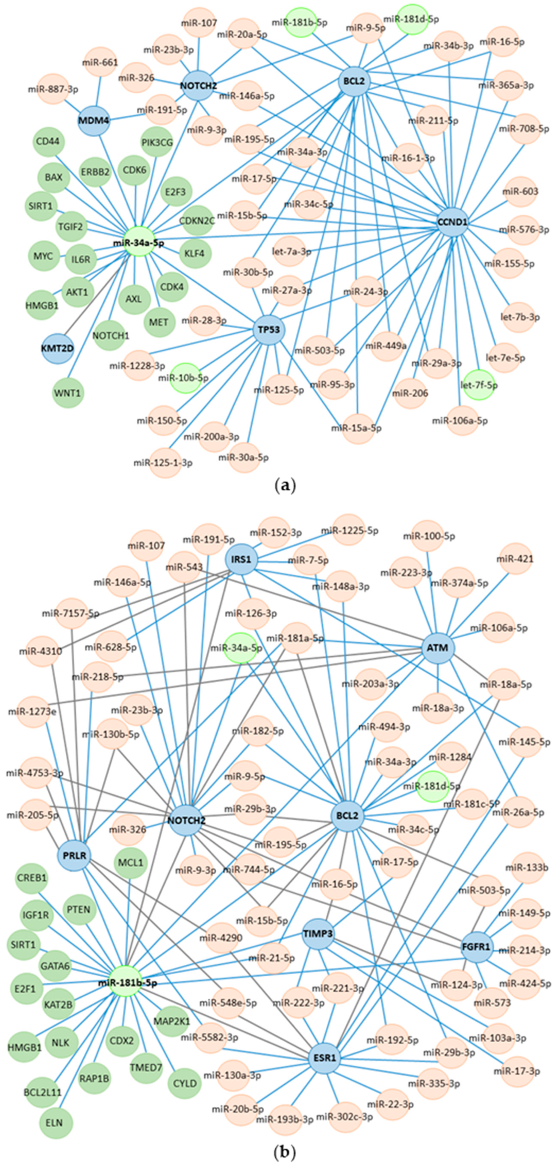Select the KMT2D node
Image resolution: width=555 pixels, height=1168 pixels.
[x=58, y=348]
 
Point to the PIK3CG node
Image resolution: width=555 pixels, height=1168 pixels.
[x=157, y=142]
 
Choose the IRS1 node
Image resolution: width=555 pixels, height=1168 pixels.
[x=241, y=559]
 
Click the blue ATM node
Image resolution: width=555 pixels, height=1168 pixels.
[x=438, y=648]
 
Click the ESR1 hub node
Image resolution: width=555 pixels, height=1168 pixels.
[x=324, y=1058]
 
